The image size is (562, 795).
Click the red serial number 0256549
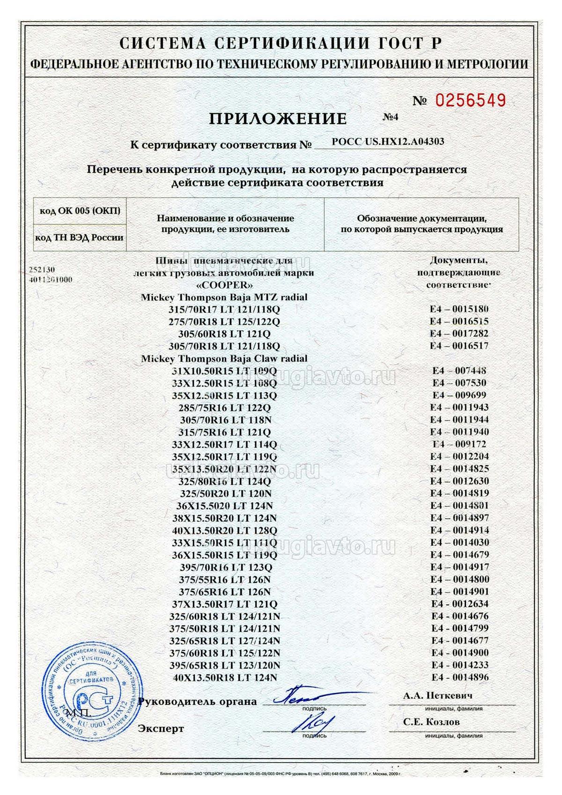click(471, 100)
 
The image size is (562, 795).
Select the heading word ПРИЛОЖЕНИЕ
click(278, 119)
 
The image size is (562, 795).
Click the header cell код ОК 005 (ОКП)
click(80, 211)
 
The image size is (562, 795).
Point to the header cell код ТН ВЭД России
click(80, 238)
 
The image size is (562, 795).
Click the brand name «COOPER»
click(224, 285)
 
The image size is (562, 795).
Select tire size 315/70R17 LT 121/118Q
click(224, 310)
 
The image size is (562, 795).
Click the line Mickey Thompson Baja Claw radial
click(224, 358)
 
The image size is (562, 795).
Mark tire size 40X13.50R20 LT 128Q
click(225, 530)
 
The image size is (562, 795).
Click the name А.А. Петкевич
click(437, 696)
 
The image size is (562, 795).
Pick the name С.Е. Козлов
click(431, 722)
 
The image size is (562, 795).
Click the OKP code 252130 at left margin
click(42, 270)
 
